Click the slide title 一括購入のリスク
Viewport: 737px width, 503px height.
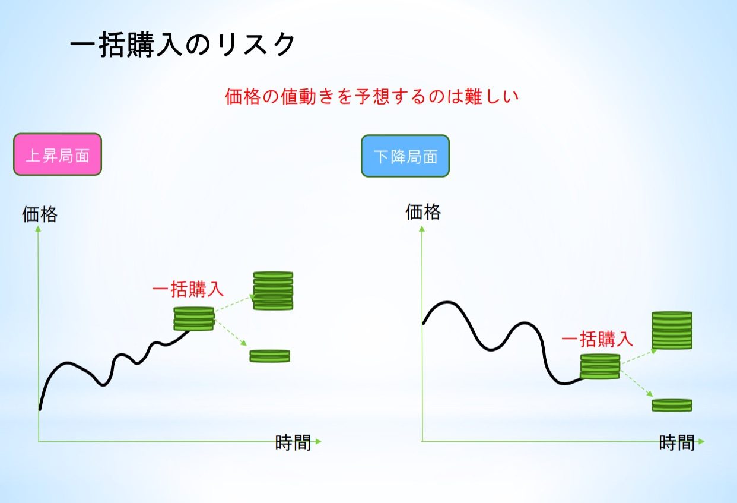(x=183, y=45)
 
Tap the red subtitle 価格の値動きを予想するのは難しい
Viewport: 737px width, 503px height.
(x=372, y=96)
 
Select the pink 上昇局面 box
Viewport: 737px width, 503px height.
(x=58, y=154)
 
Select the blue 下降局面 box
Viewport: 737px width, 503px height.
(x=405, y=156)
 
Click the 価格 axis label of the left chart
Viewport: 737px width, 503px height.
(x=40, y=214)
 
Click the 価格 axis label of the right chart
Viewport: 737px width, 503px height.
(x=423, y=211)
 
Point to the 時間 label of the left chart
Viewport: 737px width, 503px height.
(x=293, y=443)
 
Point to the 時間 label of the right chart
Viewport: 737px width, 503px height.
(x=677, y=443)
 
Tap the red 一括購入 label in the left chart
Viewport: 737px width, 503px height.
(x=188, y=290)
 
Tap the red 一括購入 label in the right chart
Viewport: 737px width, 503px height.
(x=597, y=339)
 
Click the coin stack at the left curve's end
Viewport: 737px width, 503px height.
(x=194, y=318)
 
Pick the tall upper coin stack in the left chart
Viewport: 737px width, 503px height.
(x=273, y=290)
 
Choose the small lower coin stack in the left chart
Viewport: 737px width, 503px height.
(x=270, y=356)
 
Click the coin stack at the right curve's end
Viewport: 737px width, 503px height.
(x=600, y=366)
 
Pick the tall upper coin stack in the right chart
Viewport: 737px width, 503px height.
(x=672, y=330)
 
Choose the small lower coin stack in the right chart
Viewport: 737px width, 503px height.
(x=672, y=405)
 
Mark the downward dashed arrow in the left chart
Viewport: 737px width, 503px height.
(x=230, y=333)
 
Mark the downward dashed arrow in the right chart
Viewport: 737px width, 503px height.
(x=637, y=384)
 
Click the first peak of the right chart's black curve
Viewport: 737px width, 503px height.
(x=446, y=302)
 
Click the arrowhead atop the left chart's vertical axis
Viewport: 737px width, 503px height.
(x=38, y=228)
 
